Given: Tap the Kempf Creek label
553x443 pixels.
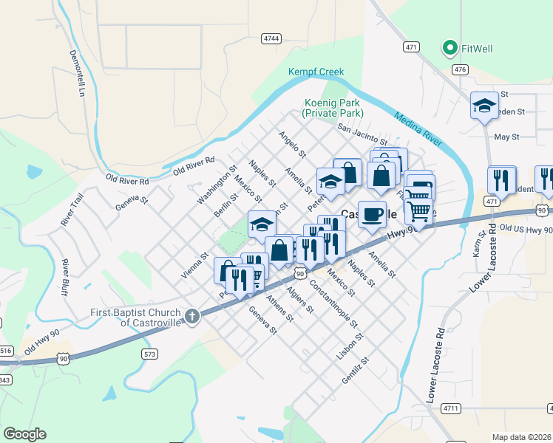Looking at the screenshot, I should (x=316, y=72).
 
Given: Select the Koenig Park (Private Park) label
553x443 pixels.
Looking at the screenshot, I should (x=333, y=109).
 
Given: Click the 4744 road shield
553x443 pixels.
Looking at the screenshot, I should (x=271, y=38).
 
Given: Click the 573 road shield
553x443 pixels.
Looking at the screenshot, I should (x=150, y=354).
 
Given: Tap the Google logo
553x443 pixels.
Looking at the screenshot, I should (x=24, y=434).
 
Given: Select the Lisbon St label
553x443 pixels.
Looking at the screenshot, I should (x=350, y=345).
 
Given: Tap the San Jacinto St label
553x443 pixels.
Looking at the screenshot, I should (x=362, y=134).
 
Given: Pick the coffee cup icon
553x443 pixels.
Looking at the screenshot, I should (x=372, y=213).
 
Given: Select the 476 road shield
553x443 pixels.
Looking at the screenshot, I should (x=461, y=69).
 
